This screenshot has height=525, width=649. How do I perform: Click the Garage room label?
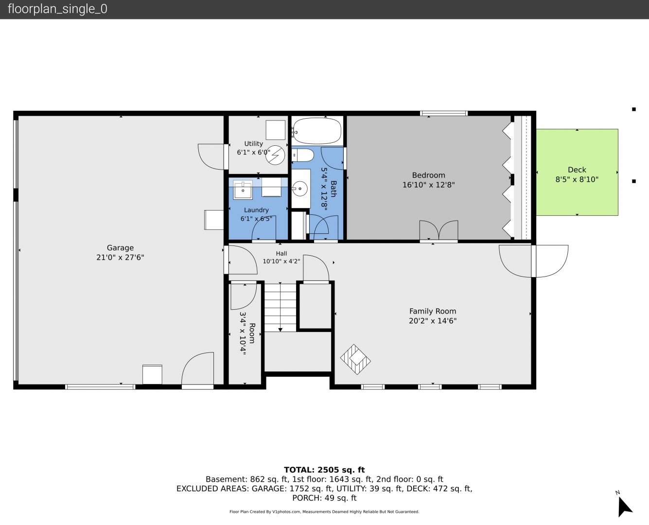(120, 248)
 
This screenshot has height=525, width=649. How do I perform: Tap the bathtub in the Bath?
(317, 131)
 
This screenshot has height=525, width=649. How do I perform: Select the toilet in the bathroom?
(303, 156)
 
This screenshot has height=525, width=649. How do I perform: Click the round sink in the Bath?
(300, 189)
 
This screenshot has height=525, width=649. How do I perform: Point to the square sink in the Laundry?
(243, 190)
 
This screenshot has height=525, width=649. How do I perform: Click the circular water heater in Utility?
(275, 155)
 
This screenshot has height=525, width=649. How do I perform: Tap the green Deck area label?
(577, 170)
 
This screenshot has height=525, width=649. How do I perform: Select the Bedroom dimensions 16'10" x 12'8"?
(428, 185)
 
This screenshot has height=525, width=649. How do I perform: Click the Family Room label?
(433, 311)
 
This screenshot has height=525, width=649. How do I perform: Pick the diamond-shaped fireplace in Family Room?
(355, 359)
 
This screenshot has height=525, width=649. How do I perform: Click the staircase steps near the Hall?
(280, 307)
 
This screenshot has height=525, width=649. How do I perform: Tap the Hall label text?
(281, 254)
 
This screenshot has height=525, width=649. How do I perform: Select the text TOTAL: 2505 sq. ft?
(324, 470)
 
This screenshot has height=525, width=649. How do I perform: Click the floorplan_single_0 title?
(57, 9)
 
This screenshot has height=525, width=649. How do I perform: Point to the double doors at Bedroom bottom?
(439, 230)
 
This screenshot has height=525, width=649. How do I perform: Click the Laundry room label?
(256, 210)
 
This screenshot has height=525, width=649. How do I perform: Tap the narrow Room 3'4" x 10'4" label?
(247, 333)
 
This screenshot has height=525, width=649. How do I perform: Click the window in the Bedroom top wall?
(444, 113)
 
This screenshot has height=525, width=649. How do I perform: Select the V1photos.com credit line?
(324, 511)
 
